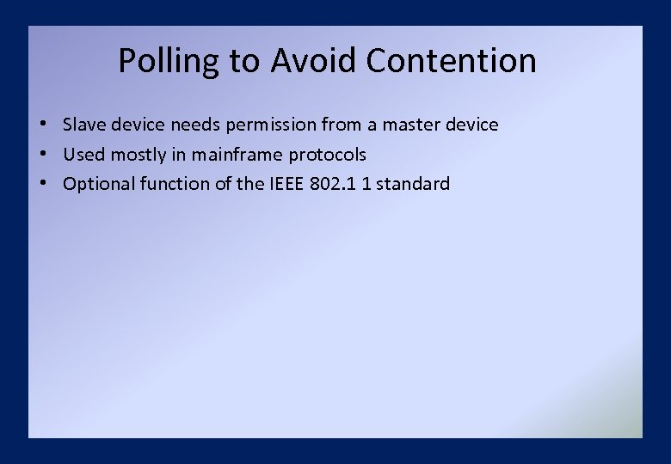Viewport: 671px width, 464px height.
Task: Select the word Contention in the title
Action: pyautogui.click(x=451, y=61)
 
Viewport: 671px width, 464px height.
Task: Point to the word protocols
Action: pyautogui.click(x=328, y=156)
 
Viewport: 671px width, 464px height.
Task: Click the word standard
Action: pyautogui.click(x=413, y=184)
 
